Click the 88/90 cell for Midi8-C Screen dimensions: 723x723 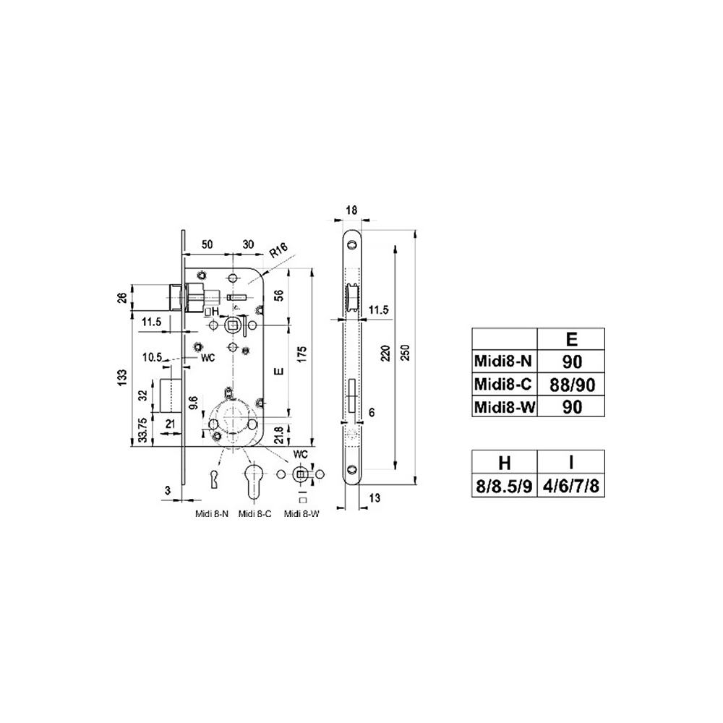click(572, 385)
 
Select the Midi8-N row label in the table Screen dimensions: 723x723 click(503, 361)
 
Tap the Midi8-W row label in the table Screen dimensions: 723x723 click(505, 407)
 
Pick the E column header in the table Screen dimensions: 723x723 click(571, 339)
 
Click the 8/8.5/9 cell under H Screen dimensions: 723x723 click(504, 486)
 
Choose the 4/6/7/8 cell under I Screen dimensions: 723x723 click(571, 486)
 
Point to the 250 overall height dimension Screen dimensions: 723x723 click(406, 352)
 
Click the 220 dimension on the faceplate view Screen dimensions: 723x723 click(386, 353)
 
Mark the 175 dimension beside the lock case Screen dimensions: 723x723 click(302, 354)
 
